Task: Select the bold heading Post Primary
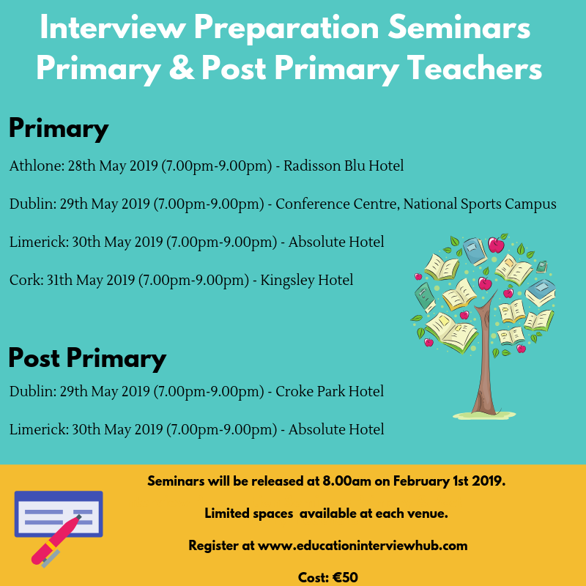(87, 358)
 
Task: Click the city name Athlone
(34, 166)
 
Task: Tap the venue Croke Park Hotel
(330, 392)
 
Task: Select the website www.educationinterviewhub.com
(363, 546)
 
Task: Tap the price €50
(344, 577)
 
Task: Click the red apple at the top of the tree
(497, 244)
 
